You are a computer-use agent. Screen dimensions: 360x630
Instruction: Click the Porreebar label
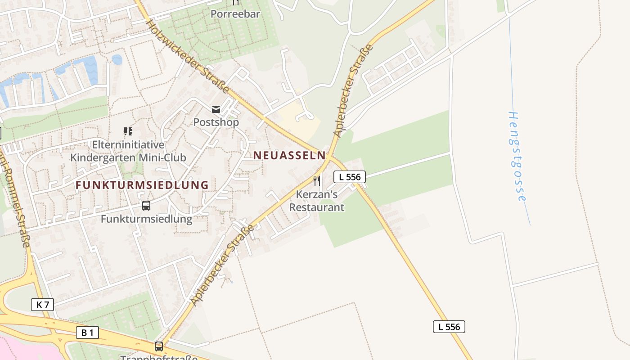point(235,14)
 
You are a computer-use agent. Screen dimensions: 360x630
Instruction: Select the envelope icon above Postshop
point(216,109)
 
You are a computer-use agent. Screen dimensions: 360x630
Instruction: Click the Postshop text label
point(216,122)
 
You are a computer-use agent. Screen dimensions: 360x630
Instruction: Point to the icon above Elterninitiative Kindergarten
point(128,131)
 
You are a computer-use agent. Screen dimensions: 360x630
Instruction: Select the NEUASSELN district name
point(289,155)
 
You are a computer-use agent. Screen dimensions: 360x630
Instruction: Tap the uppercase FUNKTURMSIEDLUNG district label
point(142,185)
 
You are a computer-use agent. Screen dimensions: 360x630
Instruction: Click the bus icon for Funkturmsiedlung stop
point(146,206)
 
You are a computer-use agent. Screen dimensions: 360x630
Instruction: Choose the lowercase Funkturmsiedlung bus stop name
point(146,219)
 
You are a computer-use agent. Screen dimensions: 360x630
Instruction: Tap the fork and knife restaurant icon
point(317,180)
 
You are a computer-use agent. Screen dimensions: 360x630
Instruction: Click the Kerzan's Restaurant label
point(317,201)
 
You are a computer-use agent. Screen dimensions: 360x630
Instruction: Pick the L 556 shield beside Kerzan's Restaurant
point(350,177)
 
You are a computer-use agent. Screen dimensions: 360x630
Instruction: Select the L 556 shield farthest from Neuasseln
point(449,327)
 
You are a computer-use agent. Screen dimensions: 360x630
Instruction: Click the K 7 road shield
point(43,305)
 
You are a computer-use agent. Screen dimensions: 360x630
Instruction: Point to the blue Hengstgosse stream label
point(517,156)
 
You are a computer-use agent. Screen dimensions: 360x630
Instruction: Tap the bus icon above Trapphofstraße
point(159,346)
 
